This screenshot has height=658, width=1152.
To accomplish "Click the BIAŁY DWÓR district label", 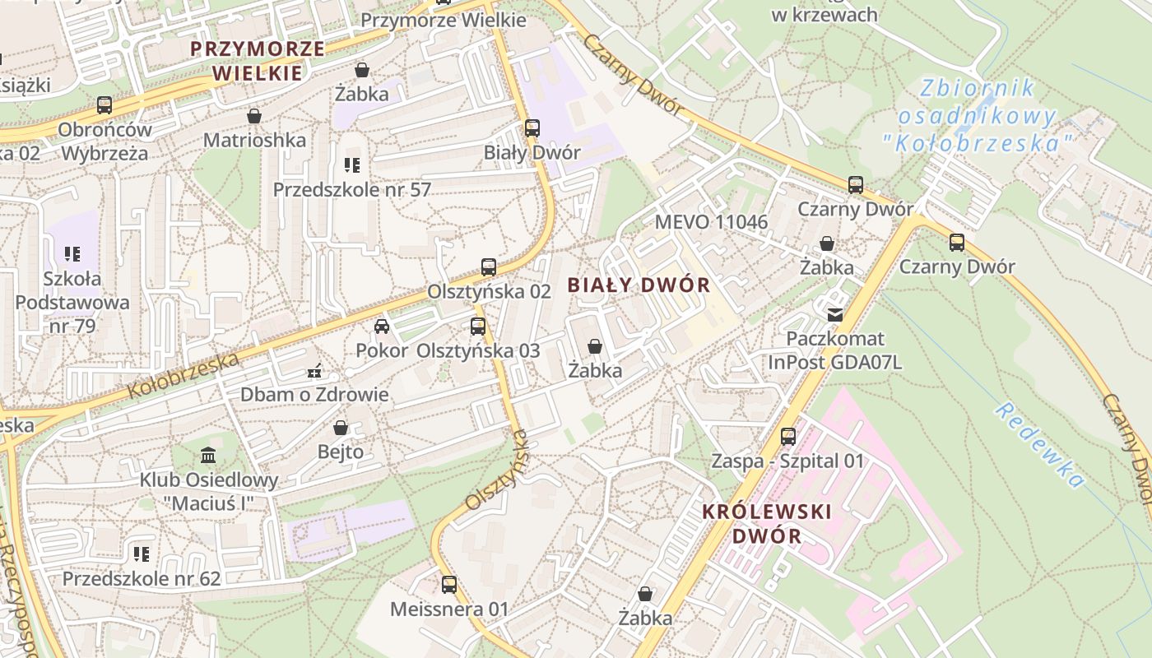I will click(639, 285).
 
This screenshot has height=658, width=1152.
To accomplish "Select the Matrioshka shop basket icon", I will click(254, 117).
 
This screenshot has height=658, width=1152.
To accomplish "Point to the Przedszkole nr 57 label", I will click(352, 189).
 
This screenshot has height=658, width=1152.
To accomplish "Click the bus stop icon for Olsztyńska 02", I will click(489, 267).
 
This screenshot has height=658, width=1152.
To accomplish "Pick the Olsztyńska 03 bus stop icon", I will click(478, 327).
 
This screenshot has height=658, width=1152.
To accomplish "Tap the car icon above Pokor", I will click(382, 327).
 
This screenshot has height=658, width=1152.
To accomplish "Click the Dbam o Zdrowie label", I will click(314, 394).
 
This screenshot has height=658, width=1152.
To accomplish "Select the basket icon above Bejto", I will click(341, 428).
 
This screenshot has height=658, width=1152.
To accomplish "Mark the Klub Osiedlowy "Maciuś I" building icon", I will click(208, 455).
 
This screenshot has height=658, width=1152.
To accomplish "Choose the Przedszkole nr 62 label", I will click(142, 578).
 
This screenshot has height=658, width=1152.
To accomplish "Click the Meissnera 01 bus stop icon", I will click(449, 585).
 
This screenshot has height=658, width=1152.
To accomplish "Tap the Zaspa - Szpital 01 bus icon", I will click(788, 437).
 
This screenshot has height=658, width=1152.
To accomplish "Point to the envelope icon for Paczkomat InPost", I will click(835, 314).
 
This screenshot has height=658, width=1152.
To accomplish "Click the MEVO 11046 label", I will click(711, 221).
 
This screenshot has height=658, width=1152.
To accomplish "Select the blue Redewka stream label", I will click(1039, 445).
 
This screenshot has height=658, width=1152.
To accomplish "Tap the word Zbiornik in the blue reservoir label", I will click(976, 88).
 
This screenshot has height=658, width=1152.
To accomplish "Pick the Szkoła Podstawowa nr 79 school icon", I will click(72, 254).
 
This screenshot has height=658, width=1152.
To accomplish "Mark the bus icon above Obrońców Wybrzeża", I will click(105, 105).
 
